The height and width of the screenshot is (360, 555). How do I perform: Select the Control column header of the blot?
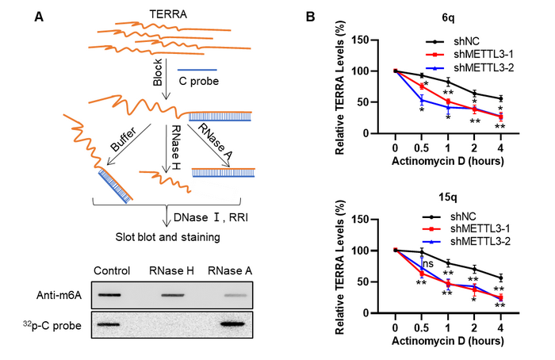click(111, 270)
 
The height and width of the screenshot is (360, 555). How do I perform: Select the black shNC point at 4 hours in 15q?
click(500, 278)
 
